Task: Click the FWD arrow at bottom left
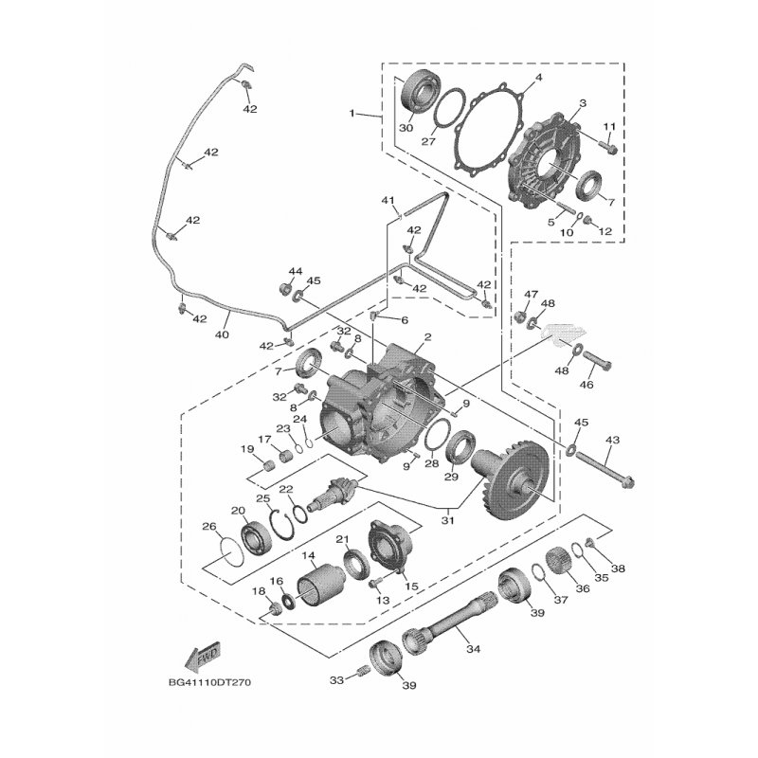pos(204,657)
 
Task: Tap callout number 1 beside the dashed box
pos(352,114)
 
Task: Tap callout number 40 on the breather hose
pos(224,333)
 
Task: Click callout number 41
pos(387,200)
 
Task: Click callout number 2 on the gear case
pos(428,337)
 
